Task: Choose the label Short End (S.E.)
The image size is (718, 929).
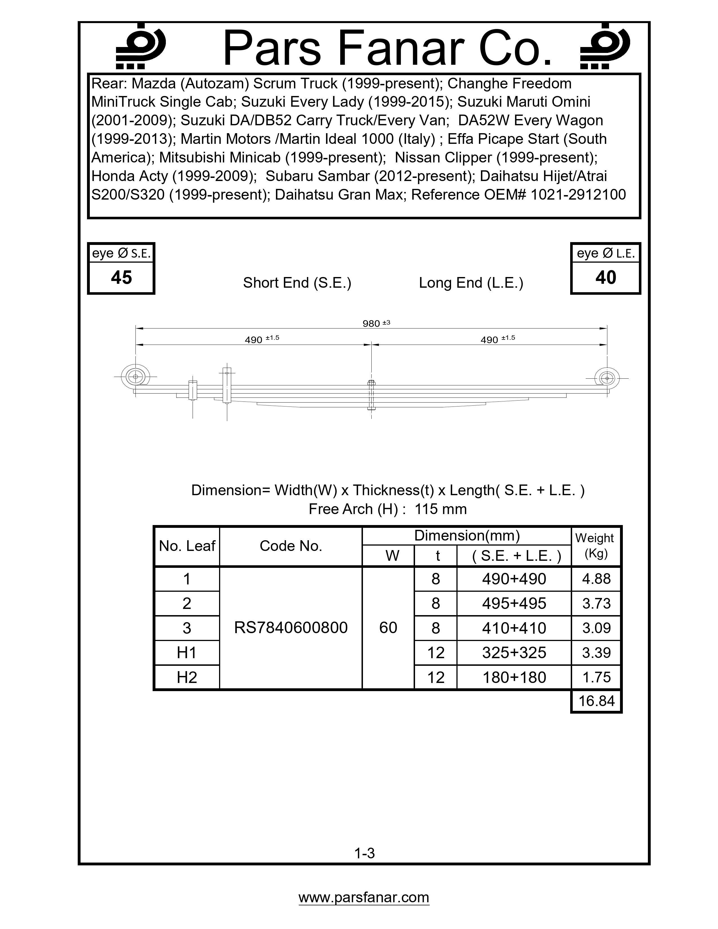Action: [x=297, y=283]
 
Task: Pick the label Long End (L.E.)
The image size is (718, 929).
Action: [x=471, y=283]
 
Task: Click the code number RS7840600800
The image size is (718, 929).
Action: [x=291, y=628]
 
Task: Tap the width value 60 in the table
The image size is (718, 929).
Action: [x=388, y=628]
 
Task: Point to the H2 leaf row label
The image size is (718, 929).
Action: [x=187, y=677]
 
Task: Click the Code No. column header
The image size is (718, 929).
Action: [x=291, y=546]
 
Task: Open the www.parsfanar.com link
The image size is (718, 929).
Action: [x=364, y=897]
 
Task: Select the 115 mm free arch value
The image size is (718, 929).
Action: [x=441, y=509]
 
